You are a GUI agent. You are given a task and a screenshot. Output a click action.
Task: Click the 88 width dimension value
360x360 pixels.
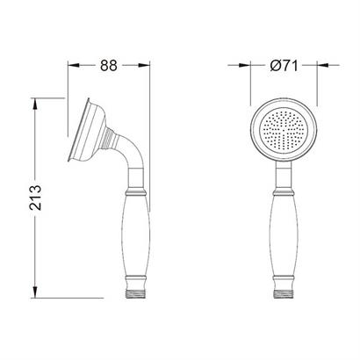(x=109, y=65)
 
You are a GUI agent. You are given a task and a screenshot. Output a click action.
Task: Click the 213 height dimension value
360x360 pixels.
(x=35, y=198)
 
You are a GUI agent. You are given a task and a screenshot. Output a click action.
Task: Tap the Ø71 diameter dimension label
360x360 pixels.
(x=284, y=65)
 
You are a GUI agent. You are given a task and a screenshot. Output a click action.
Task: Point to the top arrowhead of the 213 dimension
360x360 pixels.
(x=35, y=104)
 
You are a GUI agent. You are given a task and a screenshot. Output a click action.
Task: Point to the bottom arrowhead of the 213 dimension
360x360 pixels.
(x=35, y=292)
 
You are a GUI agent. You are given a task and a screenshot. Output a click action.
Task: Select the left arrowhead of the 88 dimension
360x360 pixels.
(x=74, y=65)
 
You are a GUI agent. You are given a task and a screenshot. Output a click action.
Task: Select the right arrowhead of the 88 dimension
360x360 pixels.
(x=144, y=65)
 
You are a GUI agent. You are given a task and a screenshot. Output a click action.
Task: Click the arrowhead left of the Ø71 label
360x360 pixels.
(x=245, y=65)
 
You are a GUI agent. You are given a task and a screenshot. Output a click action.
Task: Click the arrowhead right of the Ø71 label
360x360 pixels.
(x=323, y=65)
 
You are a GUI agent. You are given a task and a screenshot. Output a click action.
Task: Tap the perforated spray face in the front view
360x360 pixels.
(x=284, y=130)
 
